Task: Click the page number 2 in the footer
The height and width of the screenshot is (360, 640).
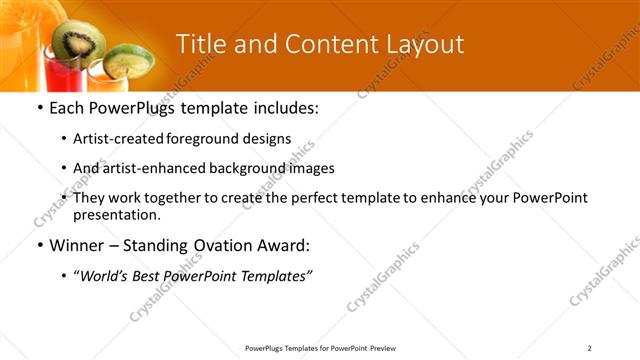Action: pos(590,348)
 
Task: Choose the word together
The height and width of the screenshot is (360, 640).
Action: pos(184,198)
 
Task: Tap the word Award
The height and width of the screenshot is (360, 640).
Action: pos(287,244)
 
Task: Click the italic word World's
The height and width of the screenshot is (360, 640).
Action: pos(107,275)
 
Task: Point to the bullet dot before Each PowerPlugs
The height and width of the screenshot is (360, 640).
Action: pos(39,108)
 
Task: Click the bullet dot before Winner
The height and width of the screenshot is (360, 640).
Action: pos(39,244)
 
